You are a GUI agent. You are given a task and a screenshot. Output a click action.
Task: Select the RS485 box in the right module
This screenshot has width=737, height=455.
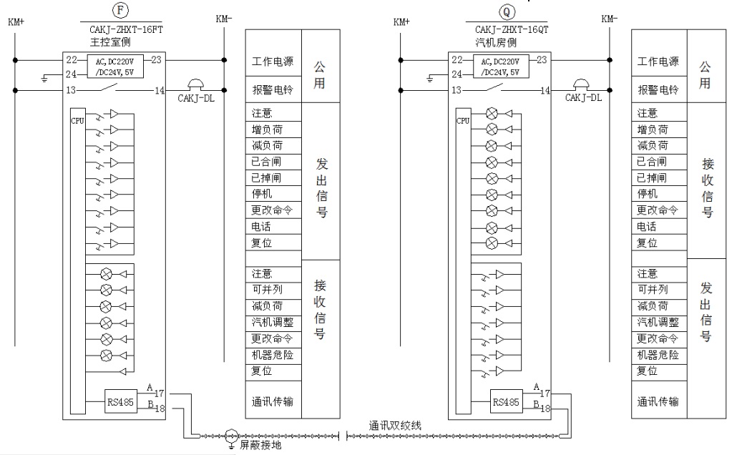[x=506, y=401]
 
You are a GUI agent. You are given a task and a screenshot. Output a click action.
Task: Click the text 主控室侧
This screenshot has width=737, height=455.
[x=101, y=43]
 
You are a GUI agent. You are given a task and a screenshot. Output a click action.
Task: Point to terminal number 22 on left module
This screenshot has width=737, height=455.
[x=72, y=59]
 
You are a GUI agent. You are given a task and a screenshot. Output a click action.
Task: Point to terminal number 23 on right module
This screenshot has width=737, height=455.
[x=542, y=59]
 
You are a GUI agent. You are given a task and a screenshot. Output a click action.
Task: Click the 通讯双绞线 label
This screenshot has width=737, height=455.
[x=396, y=425]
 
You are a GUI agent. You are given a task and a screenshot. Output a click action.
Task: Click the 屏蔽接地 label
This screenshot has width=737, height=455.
[x=260, y=446]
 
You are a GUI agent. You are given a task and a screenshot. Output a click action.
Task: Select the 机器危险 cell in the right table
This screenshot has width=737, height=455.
[x=658, y=355]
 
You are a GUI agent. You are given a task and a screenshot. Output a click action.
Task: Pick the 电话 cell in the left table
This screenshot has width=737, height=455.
[x=261, y=226]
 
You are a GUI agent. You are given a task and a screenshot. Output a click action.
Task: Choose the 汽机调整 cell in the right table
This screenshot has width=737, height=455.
[x=658, y=323]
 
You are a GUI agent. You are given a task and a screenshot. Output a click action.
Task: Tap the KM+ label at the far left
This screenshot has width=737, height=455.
[x=16, y=21]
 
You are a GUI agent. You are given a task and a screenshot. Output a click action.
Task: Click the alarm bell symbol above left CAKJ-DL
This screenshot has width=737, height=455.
[x=195, y=84]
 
